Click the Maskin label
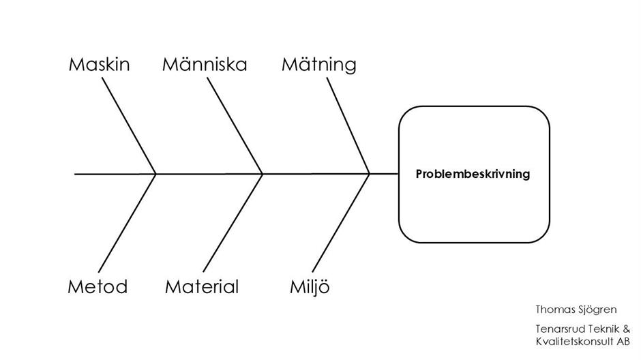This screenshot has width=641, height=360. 100,65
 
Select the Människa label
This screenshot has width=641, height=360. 205,64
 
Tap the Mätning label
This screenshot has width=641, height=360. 319,65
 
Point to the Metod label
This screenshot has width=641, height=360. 98,287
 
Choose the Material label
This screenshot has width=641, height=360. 202,287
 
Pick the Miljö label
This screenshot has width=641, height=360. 310,287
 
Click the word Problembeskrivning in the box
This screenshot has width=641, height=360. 473,174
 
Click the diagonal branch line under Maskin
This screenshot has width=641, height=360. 129,126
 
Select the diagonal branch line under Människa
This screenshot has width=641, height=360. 235,126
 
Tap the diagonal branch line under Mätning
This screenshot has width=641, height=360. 348,126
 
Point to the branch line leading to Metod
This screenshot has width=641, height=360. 127,223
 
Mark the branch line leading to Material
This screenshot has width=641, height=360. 233,223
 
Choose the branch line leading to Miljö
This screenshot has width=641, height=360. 341,223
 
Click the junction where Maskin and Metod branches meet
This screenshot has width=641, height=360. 155,174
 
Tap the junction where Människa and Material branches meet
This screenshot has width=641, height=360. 262,174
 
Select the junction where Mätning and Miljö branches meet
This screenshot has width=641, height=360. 370,174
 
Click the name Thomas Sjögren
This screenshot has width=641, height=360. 576,310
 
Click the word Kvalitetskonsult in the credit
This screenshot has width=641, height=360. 575,342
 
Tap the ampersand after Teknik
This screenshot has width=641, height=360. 626,329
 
